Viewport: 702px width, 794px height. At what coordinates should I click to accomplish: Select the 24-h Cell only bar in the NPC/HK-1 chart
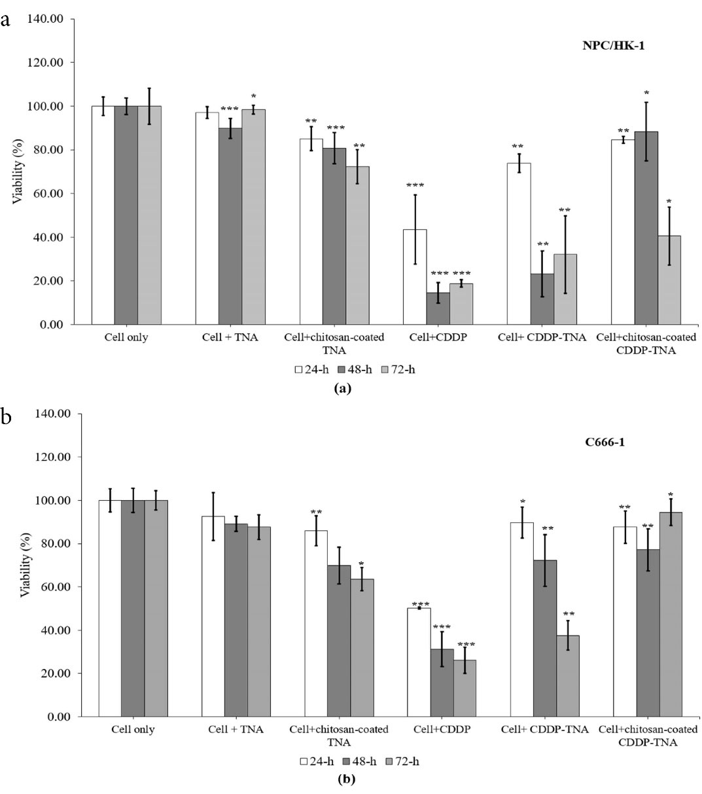pos(103,215)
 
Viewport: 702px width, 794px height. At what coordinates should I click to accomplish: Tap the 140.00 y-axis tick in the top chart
pos(46,19)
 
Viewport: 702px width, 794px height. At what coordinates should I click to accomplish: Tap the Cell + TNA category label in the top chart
pos(230,338)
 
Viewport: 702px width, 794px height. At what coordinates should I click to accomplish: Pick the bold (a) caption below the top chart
pos(342,388)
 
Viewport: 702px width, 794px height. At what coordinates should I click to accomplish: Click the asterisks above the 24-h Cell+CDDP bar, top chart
pos(415,185)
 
